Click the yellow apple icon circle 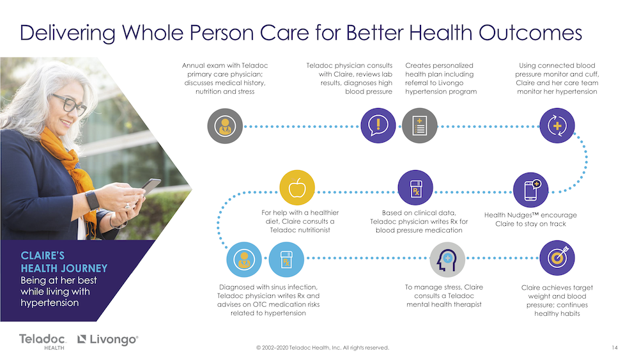(x=297, y=187)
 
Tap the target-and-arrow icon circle (x=557, y=258)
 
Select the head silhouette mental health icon (x=447, y=260)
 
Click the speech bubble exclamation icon (x=378, y=125)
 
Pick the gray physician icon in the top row (x=225, y=126)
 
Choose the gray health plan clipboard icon (x=419, y=125)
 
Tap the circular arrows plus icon (x=557, y=125)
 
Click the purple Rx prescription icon (x=415, y=187)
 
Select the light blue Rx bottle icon (x=286, y=260)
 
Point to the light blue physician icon (x=244, y=260)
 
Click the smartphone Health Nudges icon (x=530, y=190)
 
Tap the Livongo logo (x=108, y=339)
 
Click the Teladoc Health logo (x=42, y=341)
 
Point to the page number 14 (x=615, y=348)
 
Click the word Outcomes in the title (x=530, y=33)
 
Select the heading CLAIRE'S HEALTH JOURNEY (x=64, y=262)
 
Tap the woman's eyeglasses (x=69, y=103)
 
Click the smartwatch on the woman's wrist (x=93, y=200)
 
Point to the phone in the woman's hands (x=150, y=186)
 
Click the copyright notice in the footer (x=323, y=348)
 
